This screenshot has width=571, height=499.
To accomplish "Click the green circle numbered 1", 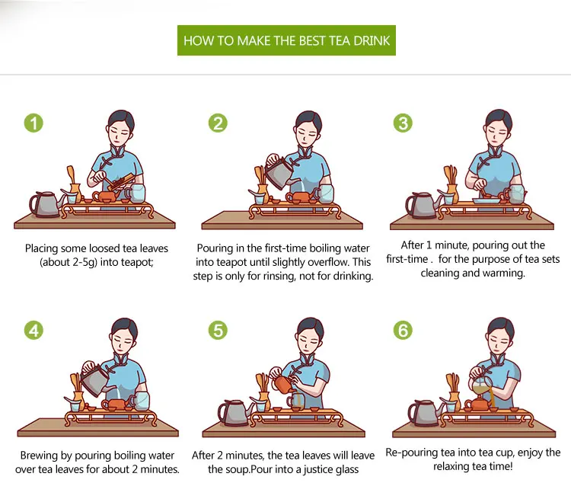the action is tap(33, 123).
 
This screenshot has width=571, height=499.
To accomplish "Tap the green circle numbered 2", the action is tap(218, 123).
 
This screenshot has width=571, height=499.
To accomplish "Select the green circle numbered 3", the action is tap(403, 123).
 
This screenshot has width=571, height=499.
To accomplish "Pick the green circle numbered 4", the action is tap(33, 330).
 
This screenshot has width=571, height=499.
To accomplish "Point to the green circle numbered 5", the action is tap(218, 330).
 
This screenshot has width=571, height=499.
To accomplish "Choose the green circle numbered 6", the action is tap(403, 330).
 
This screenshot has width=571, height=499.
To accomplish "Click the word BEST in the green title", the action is tap(312, 40).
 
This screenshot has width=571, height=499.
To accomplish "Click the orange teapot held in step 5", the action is tap(284, 384).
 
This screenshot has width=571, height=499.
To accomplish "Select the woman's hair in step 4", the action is tap(124, 328).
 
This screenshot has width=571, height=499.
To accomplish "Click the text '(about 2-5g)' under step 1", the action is tap(69, 262).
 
